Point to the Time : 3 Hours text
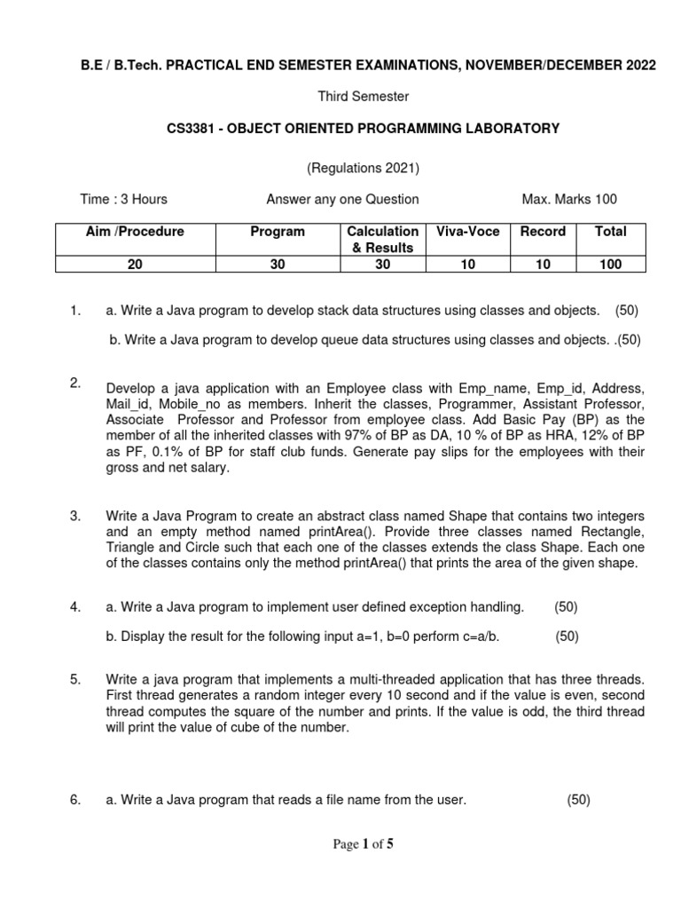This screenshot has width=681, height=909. pos(123,199)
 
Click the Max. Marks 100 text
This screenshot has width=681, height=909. pos(569,199)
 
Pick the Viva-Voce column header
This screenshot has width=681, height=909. pos(468,232)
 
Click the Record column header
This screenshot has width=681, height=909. pos(543,232)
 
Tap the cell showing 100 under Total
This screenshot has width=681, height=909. pos(610,264)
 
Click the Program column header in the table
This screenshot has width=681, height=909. pos(278,232)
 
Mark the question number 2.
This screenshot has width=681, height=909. pos(75,383)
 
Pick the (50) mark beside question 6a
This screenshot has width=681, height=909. pos(578,800)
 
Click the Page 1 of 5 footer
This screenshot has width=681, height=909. pos(363,844)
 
